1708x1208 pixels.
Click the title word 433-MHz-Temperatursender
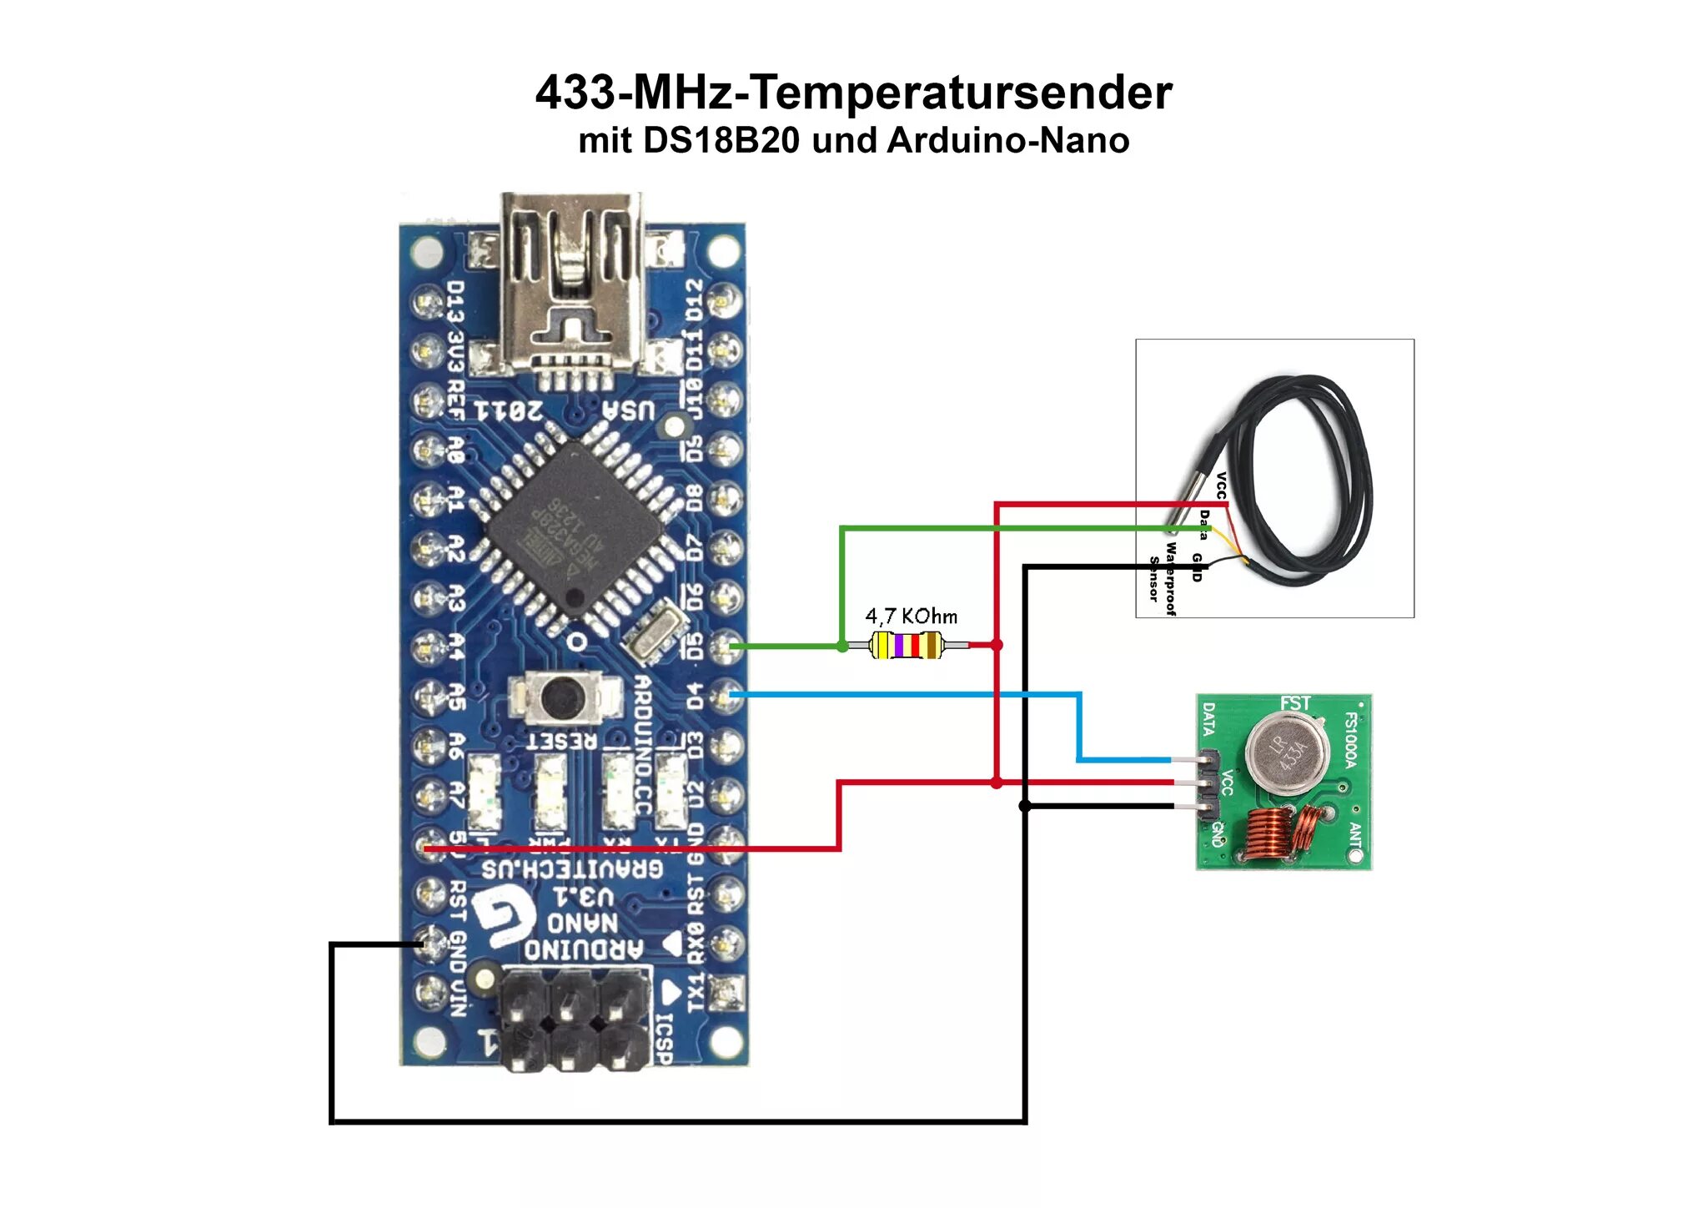(853, 92)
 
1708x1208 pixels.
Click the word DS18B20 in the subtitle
(721, 140)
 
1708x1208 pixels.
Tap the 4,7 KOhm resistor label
(911, 617)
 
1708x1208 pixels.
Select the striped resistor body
(906, 645)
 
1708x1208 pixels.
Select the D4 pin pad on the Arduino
(726, 694)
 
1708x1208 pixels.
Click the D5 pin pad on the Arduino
(726, 646)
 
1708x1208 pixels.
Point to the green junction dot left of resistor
(842, 646)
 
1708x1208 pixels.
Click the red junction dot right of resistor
(997, 645)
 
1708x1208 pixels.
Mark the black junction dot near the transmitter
(1025, 806)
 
